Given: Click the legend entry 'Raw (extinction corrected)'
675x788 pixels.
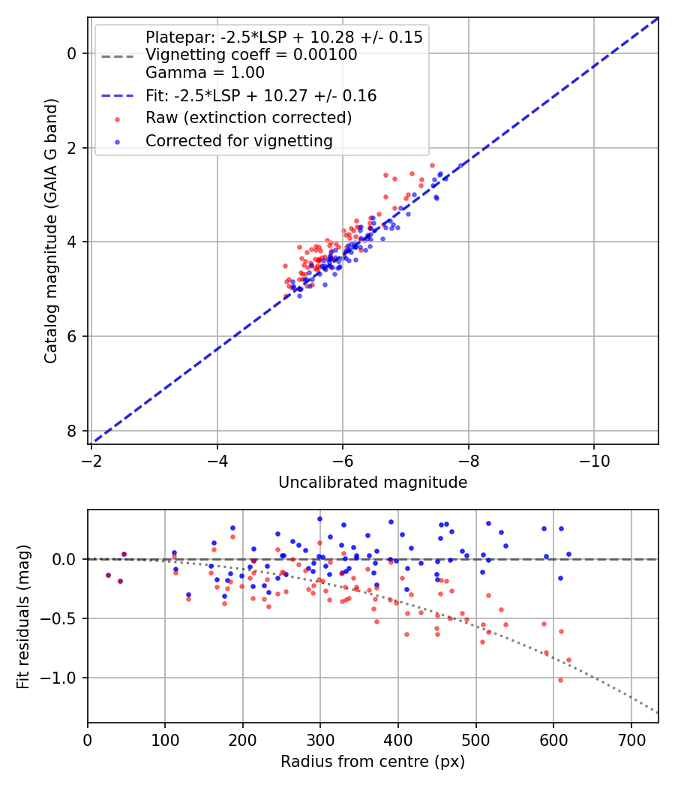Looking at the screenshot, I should click(x=248, y=118).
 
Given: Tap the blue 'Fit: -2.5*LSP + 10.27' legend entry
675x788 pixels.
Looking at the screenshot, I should click(x=260, y=95).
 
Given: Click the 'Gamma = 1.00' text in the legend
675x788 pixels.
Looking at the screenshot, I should click(x=205, y=73).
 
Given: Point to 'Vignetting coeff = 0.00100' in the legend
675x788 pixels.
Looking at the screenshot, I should click(x=251, y=55).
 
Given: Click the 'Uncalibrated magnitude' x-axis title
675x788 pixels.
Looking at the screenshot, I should click(x=373, y=483).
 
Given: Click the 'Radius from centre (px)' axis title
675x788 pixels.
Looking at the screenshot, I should click(x=373, y=762).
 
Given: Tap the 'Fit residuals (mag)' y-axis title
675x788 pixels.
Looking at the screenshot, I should click(x=23, y=616).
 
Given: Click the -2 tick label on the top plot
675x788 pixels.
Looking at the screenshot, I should click(x=91, y=459).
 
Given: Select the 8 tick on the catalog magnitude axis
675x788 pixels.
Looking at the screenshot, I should click(x=72, y=431).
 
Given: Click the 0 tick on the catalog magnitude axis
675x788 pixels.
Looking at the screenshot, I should click(x=72, y=53).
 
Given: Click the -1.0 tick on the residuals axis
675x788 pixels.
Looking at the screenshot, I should click(x=60, y=678).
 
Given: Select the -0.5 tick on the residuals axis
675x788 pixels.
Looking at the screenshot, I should click(x=60, y=618).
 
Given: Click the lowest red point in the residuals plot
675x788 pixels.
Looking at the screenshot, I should click(x=560, y=680).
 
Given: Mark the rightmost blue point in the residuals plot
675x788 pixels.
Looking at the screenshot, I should click(x=568, y=554).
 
